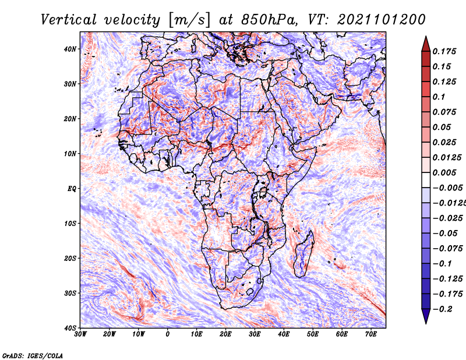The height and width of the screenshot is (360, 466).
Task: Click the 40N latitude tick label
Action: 70,49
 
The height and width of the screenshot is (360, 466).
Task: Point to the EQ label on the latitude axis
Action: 72,189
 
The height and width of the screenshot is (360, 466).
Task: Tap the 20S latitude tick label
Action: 70,258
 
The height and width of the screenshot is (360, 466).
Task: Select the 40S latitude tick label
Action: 70,328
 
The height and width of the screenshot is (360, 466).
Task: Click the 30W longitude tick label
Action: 80,334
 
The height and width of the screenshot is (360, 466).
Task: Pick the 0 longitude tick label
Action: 168,334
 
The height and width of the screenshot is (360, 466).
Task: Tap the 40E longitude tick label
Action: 284,334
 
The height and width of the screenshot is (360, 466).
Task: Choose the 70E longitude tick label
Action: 371,334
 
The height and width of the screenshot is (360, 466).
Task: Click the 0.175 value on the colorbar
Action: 444,52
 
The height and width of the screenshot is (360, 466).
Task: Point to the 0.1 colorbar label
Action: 439,97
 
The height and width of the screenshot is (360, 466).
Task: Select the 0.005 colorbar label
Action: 444,172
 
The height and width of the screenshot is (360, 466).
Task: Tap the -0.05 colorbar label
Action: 445,234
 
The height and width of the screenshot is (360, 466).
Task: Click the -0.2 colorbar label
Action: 443,309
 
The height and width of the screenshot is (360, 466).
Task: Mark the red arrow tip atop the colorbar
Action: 426,37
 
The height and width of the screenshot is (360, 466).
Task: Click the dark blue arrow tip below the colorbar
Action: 426,323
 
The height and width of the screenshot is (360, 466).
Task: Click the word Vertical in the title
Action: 69,20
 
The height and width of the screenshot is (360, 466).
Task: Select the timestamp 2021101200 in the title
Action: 382,20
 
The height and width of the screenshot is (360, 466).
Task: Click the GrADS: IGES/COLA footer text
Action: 33,356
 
